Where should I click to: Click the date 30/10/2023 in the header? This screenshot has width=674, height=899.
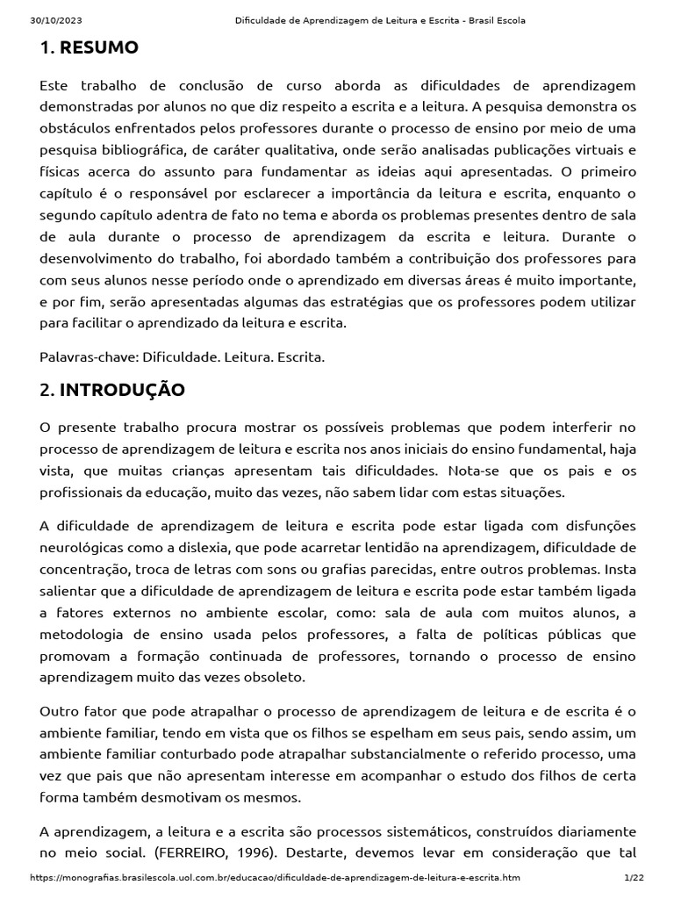pyautogui.click(x=52, y=21)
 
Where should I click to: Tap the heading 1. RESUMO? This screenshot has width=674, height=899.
pyautogui.click(x=90, y=48)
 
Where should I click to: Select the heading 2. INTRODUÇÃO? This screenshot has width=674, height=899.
pyautogui.click(x=112, y=391)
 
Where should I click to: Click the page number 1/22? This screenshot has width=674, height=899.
pyautogui.click(x=634, y=878)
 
